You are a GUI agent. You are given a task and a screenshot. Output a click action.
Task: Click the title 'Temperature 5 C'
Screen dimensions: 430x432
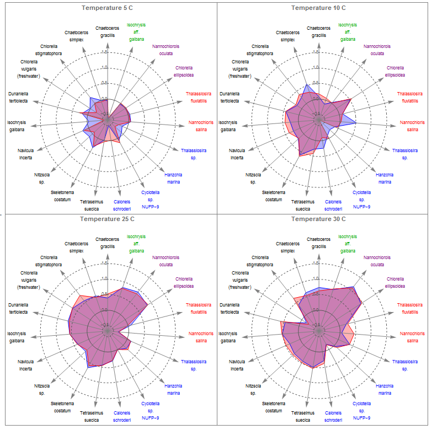point(108,8)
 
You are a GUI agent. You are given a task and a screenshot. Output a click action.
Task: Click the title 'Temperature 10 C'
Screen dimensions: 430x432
point(318,8)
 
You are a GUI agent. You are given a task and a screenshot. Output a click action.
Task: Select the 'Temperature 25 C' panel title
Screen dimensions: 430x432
point(108,219)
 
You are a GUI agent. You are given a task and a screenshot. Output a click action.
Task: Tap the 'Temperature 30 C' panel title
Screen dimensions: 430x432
point(318,219)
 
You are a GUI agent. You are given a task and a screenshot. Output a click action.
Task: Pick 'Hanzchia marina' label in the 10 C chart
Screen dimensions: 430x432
point(385,178)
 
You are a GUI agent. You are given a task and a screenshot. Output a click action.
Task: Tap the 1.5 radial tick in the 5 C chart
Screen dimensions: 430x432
point(105,52)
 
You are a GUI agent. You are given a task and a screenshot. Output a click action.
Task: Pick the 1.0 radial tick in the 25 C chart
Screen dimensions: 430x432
point(105,278)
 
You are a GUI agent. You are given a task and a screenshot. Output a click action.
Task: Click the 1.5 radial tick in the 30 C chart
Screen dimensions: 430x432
point(316,264)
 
